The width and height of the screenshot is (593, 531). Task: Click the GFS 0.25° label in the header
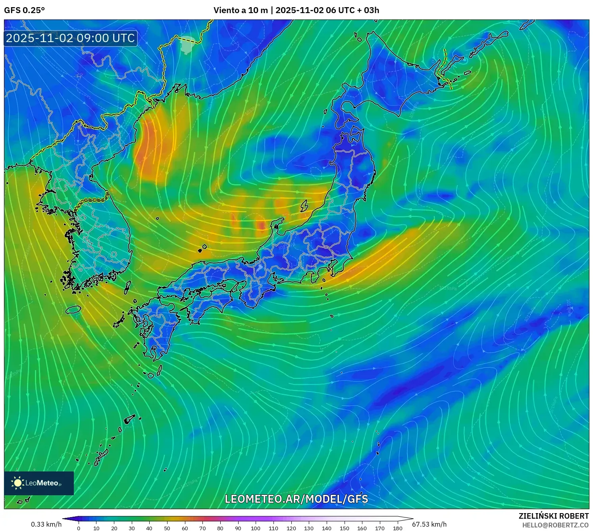[x=24, y=10]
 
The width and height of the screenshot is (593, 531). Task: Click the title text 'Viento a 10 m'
[x=241, y=10]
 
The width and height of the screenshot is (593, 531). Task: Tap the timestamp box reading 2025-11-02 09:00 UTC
[x=71, y=38]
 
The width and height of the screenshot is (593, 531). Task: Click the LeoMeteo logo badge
[x=39, y=483]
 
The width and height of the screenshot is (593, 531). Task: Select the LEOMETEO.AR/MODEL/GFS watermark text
[x=296, y=499]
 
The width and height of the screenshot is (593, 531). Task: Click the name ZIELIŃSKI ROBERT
[x=554, y=516]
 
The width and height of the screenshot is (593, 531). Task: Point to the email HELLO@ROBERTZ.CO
[x=555, y=525]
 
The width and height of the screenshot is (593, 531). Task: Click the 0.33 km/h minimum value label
[x=46, y=524]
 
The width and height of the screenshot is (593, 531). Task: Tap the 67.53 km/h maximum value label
[x=429, y=524]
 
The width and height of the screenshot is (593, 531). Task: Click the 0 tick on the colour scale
[x=79, y=528]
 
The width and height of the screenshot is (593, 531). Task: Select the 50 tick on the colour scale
[x=167, y=528]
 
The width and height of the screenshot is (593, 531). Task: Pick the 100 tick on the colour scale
[x=256, y=528]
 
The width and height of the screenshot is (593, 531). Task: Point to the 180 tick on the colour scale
[x=397, y=528]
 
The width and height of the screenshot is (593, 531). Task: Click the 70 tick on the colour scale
[x=202, y=528]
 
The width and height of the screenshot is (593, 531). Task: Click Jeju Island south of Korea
[x=73, y=309]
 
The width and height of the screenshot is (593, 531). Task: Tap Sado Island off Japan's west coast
[x=304, y=206]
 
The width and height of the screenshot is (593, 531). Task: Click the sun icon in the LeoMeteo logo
[x=17, y=483]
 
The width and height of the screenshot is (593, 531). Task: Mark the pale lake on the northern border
[x=187, y=44]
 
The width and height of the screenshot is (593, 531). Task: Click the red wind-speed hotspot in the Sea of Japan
[x=262, y=225]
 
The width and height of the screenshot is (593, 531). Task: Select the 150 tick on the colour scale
[x=344, y=528]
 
